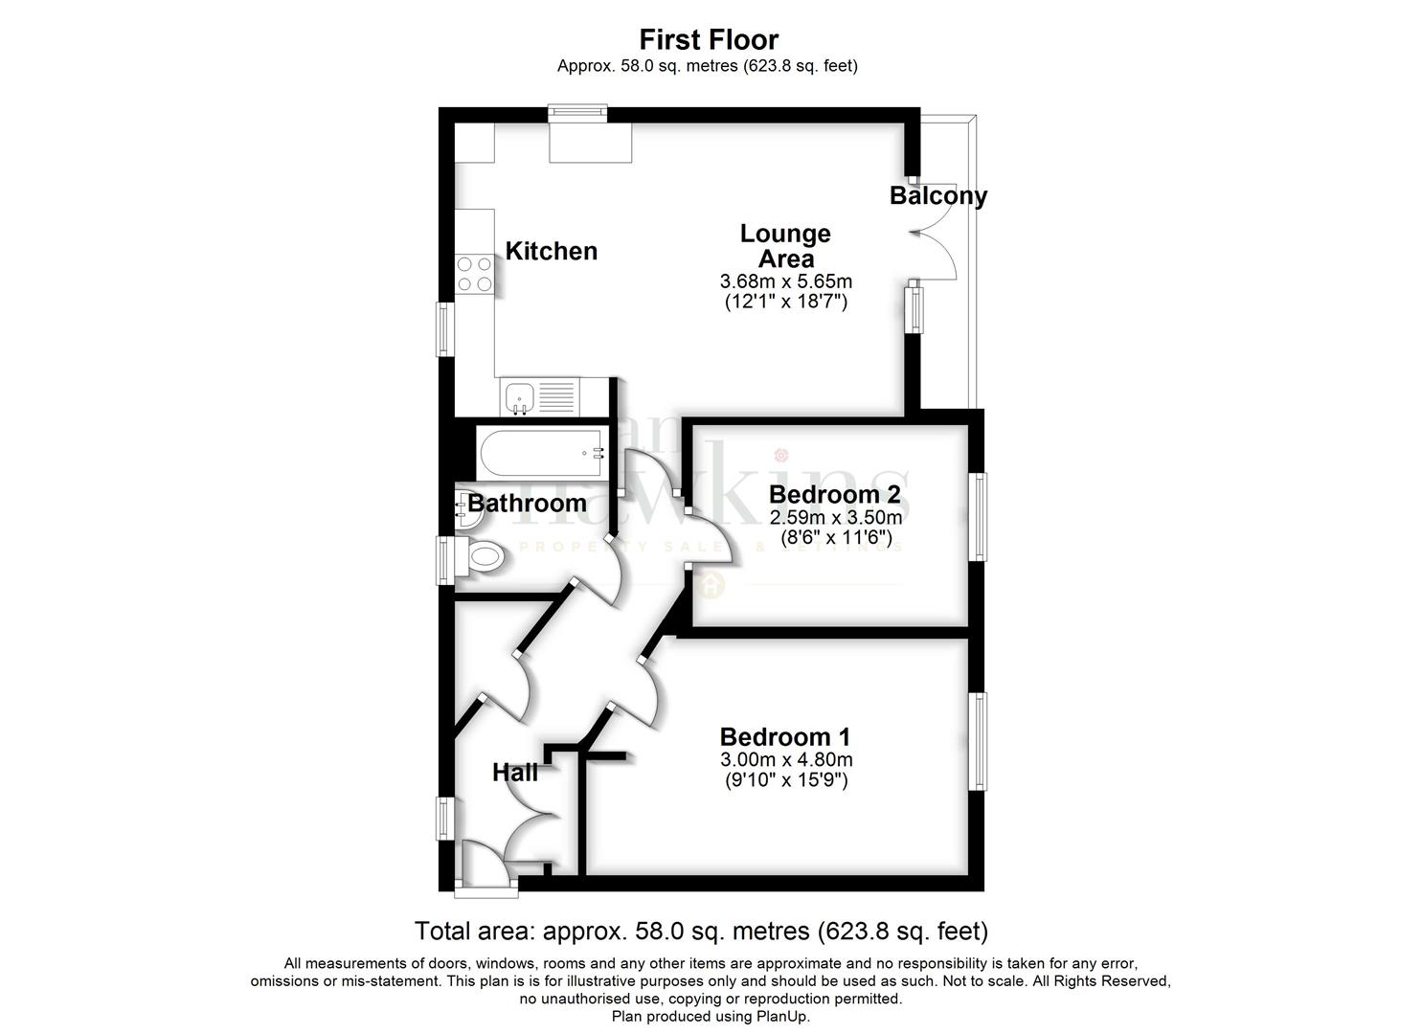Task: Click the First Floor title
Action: tap(709, 39)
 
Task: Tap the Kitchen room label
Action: tap(551, 251)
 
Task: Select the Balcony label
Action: tap(937, 195)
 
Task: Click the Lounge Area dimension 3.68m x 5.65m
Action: tap(785, 281)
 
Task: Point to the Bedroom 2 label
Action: tap(834, 494)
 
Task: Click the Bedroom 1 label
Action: tap(784, 736)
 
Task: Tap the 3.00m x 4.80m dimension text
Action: tap(785, 760)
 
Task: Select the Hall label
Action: tap(515, 772)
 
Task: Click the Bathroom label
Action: tap(528, 503)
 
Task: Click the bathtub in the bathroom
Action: tap(542, 454)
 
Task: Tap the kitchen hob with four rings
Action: tap(474, 273)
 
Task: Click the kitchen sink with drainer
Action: tap(539, 396)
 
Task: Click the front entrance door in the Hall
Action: tap(487, 866)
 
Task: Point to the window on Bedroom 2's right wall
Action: tap(980, 516)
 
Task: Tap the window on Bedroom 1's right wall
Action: tap(980, 741)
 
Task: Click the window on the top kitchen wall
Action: tap(577, 114)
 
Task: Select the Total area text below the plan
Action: tap(700, 931)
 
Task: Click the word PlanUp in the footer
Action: tap(782, 1016)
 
